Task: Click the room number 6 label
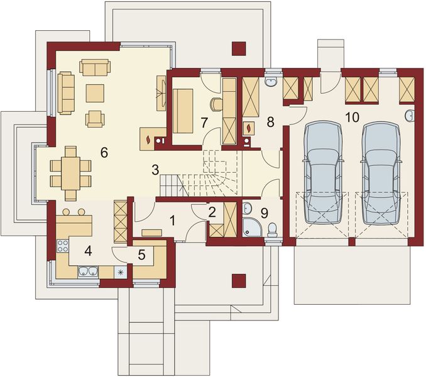click(104, 152)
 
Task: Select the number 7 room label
click(204, 123)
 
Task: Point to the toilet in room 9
click(272, 230)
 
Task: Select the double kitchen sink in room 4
click(88, 271)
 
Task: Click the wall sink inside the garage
click(410, 115)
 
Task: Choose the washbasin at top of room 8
click(271, 82)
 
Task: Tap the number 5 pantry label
click(141, 254)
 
